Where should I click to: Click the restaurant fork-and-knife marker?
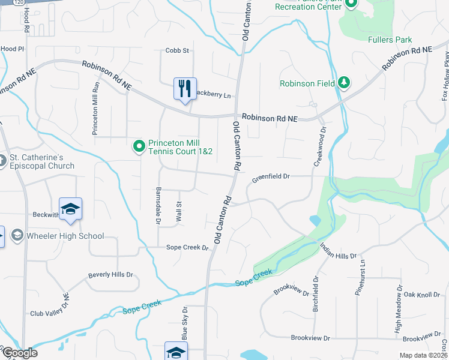pos(185,89)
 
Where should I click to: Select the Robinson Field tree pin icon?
pos(343,83)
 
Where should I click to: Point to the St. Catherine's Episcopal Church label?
pos(41,162)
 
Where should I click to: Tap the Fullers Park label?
pos(390,40)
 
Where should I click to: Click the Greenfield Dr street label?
pos(271,177)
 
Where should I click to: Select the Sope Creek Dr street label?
pos(187,247)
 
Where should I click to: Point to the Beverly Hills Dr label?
pos(110,275)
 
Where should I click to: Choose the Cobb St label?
pos(177,50)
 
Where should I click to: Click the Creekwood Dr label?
pos(319,146)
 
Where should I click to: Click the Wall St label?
pos(178,213)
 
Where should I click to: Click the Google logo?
pos(20,353)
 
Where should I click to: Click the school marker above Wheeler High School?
pos(70,209)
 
